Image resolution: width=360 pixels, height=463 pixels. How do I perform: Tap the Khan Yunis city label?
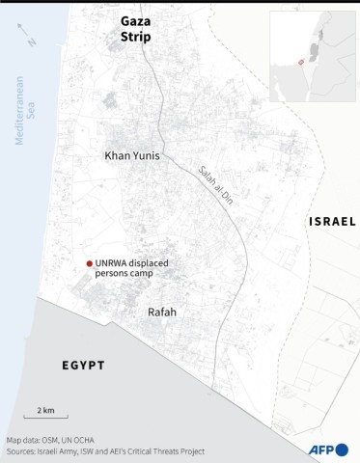coord(131,154)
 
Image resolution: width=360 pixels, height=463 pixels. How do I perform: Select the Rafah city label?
coord(161,313)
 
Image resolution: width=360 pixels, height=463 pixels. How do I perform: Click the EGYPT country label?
coord(84,366)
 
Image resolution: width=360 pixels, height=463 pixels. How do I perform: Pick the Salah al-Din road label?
coord(215,189)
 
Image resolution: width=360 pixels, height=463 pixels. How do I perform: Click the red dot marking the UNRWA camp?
coord(89,263)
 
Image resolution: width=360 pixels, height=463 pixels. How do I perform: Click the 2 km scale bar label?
coord(45,410)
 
